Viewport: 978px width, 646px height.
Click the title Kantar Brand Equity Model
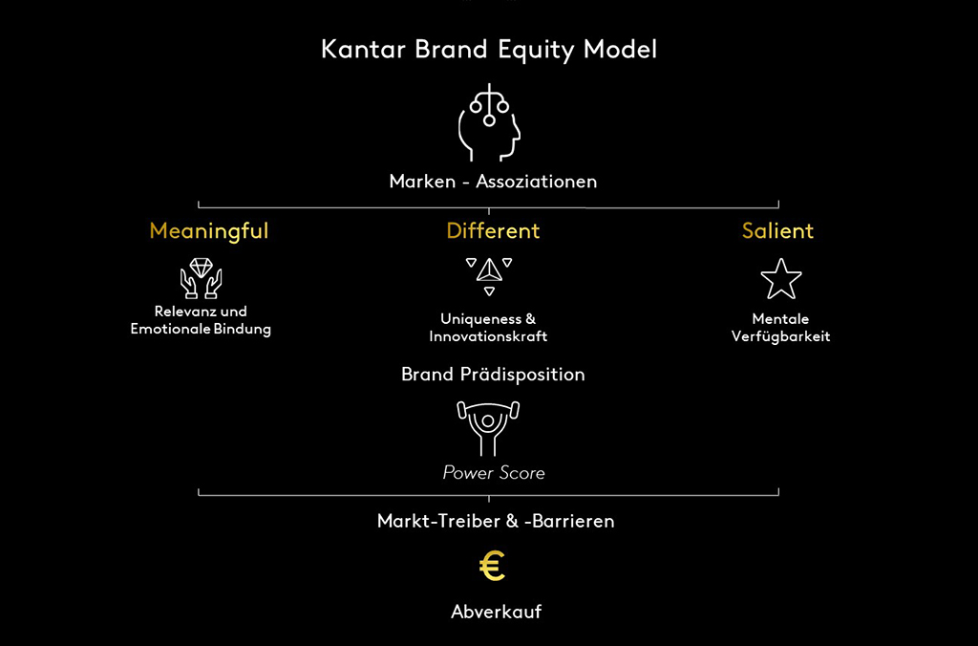tap(489, 50)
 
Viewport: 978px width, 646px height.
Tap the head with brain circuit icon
tap(489, 122)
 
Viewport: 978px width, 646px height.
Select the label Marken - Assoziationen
tap(493, 182)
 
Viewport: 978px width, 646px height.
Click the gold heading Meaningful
tap(209, 231)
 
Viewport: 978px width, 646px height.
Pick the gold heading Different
tap(493, 231)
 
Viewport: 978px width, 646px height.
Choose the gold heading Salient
tap(777, 231)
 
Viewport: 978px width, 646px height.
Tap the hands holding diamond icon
tap(201, 278)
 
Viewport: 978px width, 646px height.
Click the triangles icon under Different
tap(489, 276)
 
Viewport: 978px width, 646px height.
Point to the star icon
tap(781, 279)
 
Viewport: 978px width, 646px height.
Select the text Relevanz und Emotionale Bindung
tap(201, 320)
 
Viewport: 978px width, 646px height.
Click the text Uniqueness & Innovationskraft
tap(488, 328)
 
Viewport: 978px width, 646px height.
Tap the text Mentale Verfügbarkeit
tap(781, 328)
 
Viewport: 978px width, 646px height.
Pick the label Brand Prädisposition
tap(493, 375)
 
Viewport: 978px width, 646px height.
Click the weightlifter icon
tap(488, 428)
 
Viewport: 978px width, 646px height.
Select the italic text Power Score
tap(494, 472)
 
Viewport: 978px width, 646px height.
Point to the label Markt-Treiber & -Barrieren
tap(496, 521)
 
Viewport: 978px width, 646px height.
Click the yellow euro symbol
tap(492, 566)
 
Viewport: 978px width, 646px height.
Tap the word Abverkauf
tap(497, 611)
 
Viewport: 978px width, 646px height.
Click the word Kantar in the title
tap(363, 50)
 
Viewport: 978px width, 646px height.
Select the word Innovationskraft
tap(488, 336)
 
